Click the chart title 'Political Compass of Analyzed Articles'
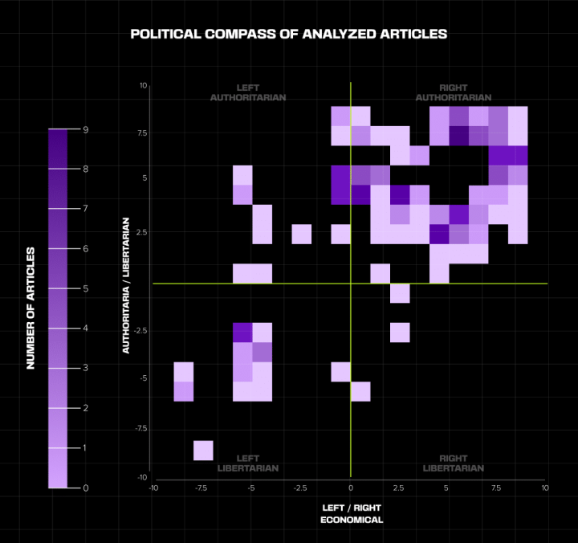(288, 35)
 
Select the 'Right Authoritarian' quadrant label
(454, 92)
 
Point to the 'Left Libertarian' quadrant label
(248, 463)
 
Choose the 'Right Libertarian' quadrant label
(454, 463)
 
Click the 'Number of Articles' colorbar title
(31, 308)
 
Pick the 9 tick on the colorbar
(84, 129)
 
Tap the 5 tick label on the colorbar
(84, 288)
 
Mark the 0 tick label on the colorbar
(84, 488)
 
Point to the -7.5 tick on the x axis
(202, 488)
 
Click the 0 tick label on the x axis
(351, 488)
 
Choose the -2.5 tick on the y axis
(139, 330)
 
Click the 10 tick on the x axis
(546, 488)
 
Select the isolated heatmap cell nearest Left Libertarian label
(203, 450)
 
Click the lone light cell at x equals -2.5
(302, 234)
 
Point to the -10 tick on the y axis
(140, 477)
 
